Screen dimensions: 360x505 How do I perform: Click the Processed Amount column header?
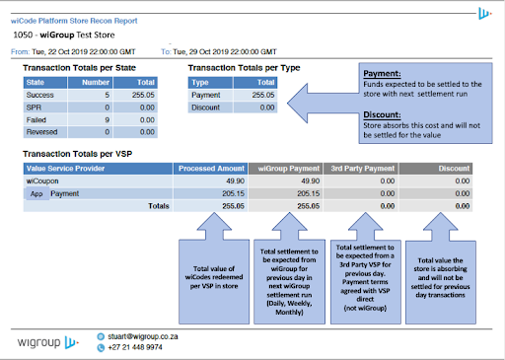212,168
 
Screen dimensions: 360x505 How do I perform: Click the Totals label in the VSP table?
159,206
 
